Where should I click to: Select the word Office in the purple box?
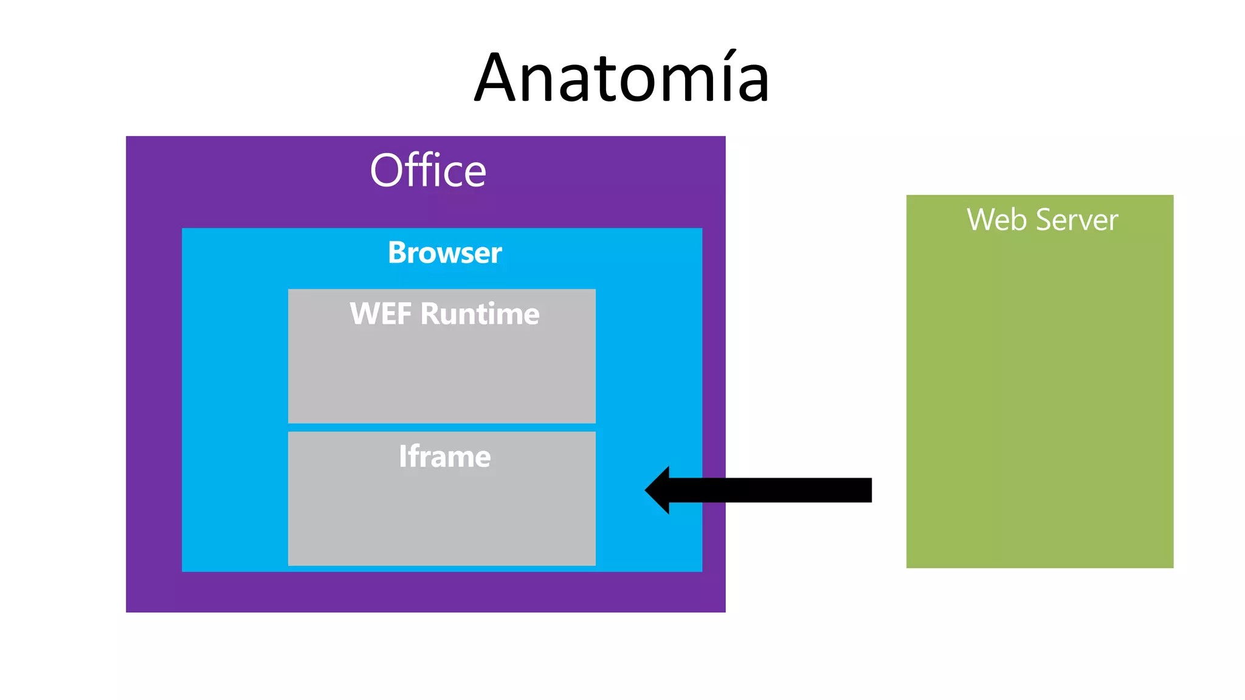pyautogui.click(x=428, y=171)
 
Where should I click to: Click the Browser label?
pyautogui.click(x=444, y=253)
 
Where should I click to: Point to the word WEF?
pyautogui.click(x=381, y=314)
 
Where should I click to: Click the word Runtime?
pyautogui.click(x=480, y=314)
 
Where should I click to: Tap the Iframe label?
pyautogui.click(x=444, y=456)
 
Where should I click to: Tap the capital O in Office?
pyautogui.click(x=386, y=171)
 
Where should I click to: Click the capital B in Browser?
pyautogui.click(x=398, y=253)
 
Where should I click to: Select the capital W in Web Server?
pyautogui.click(x=980, y=220)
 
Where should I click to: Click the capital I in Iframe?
pyautogui.click(x=402, y=456)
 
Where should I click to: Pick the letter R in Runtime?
pyautogui.click(x=430, y=314)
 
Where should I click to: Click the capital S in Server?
pyautogui.click(x=1044, y=220)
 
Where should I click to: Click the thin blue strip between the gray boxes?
pyautogui.click(x=442, y=427)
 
